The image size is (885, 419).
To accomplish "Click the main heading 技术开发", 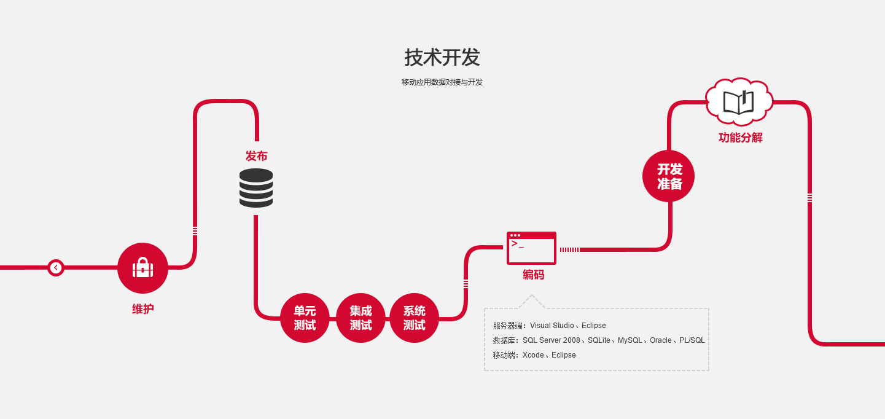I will pyautogui.click(x=442, y=58).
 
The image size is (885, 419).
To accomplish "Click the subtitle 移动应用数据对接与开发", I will pyautogui.click(x=442, y=82).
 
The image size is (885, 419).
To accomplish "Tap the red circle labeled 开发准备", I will pyautogui.click(x=669, y=176).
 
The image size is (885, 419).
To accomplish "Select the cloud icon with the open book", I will pyautogui.click(x=738, y=102).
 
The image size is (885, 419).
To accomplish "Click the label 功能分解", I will pyautogui.click(x=741, y=138).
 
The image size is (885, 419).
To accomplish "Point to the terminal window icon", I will pyautogui.click(x=531, y=248).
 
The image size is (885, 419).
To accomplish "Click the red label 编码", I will pyautogui.click(x=533, y=275).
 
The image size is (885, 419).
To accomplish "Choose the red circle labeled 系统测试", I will pyautogui.click(x=415, y=318).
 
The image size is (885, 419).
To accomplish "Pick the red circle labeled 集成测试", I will pyautogui.click(x=361, y=318).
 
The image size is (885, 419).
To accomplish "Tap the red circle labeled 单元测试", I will pyautogui.click(x=305, y=318).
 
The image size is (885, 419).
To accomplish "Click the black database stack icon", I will pyautogui.click(x=256, y=188).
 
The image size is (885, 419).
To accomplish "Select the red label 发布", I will pyautogui.click(x=256, y=156).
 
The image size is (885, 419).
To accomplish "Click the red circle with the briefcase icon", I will pyautogui.click(x=142, y=268).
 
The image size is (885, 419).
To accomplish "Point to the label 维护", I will pyautogui.click(x=142, y=309).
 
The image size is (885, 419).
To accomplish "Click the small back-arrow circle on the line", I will pyautogui.click(x=56, y=268).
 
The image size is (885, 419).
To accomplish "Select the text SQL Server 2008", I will pyautogui.click(x=551, y=340).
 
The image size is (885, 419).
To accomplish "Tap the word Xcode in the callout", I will pyautogui.click(x=533, y=355).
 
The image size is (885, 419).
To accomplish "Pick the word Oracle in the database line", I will pyautogui.click(x=661, y=340).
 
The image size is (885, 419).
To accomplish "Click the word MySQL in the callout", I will pyautogui.click(x=630, y=340).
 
